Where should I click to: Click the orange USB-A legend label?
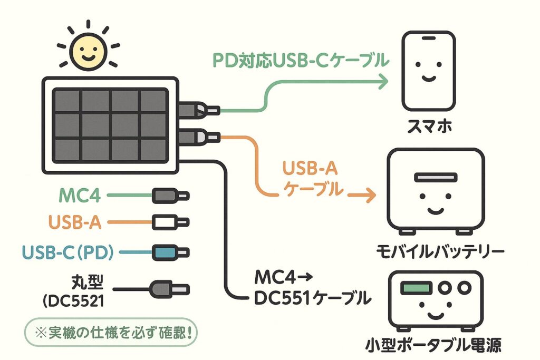click(74, 223)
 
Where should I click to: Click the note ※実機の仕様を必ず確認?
click(109, 333)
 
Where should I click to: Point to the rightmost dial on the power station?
click(464, 288)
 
